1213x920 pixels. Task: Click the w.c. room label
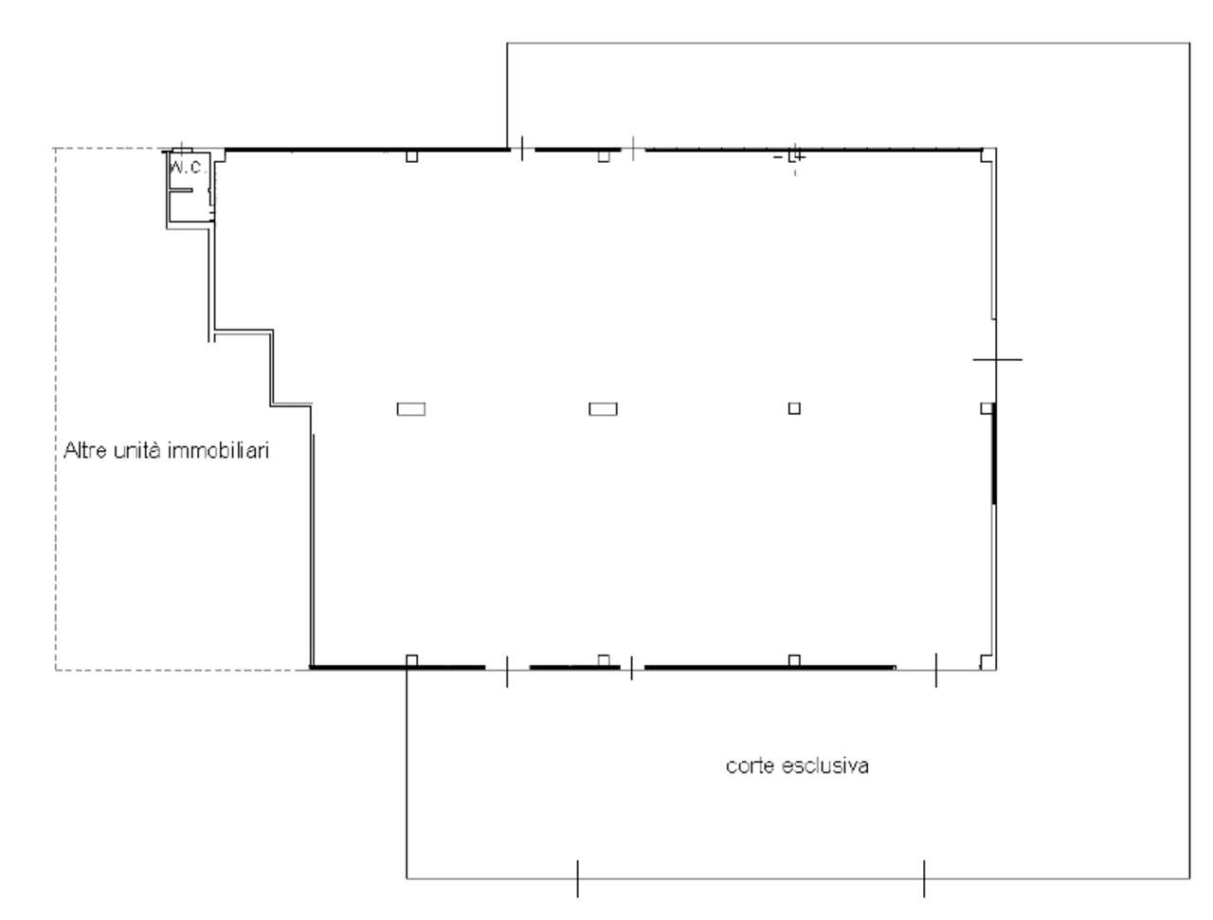pyautogui.click(x=188, y=168)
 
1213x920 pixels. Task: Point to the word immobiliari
pyautogui.click(x=218, y=450)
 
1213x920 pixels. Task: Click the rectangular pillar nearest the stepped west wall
pyautogui.click(x=411, y=409)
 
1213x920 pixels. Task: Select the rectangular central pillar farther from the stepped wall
pyautogui.click(x=603, y=409)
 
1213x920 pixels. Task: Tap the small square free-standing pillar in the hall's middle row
pyautogui.click(x=794, y=408)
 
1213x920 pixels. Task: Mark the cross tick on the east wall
pyautogui.click(x=996, y=360)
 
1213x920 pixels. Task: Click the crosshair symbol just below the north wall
pyautogui.click(x=795, y=157)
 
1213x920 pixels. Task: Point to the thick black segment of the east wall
pyautogui.click(x=993, y=454)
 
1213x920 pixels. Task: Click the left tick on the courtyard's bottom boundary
pyautogui.click(x=577, y=878)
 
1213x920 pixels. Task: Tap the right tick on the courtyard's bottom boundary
pyautogui.click(x=924, y=878)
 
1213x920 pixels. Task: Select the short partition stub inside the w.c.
pyautogui.click(x=180, y=190)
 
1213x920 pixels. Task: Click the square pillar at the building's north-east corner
pyautogui.click(x=987, y=155)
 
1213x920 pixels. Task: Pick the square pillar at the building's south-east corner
pyautogui.click(x=987, y=661)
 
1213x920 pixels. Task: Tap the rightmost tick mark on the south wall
pyautogui.click(x=936, y=670)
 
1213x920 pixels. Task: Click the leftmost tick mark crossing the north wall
pyautogui.click(x=522, y=149)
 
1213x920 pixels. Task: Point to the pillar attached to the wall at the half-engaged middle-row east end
pyautogui.click(x=987, y=408)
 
